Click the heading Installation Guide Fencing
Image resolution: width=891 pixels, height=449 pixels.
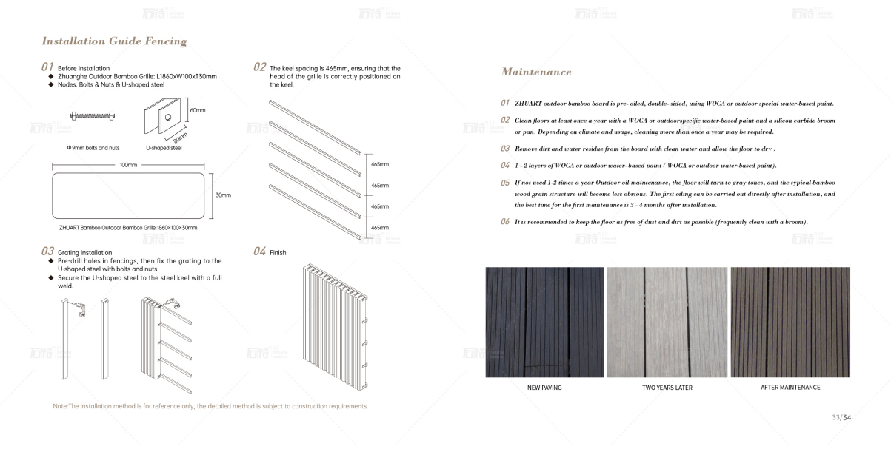coord(114,41)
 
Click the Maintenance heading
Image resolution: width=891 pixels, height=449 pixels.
coord(536,72)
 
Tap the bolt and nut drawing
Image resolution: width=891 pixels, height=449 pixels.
coord(96,115)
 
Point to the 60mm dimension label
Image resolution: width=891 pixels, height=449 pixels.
coord(197,110)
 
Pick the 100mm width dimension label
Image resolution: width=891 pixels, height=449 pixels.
coord(127,165)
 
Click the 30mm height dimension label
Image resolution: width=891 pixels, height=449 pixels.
coord(223,195)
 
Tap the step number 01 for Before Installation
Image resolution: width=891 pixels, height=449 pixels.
coord(47,67)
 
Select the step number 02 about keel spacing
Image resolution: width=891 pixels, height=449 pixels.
coord(259,67)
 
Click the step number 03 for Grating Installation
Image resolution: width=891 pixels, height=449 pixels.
coord(47,251)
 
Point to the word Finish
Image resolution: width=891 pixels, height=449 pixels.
coord(278,253)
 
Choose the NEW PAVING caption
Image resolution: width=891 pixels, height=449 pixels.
coord(544,388)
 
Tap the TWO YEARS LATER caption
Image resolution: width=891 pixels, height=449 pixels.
coord(667,388)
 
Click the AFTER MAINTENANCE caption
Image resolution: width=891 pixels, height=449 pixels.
coord(790,388)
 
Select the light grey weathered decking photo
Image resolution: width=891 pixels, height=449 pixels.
coord(667,323)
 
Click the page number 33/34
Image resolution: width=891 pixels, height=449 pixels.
coord(841,418)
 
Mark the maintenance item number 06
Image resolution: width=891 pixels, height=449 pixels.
coord(505,222)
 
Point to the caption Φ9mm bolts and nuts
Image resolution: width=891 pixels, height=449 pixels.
coord(93,148)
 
